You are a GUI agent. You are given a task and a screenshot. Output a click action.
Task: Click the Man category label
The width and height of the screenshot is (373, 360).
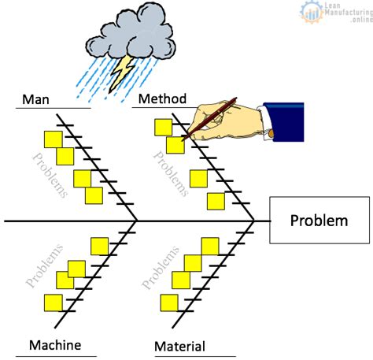click(35, 99)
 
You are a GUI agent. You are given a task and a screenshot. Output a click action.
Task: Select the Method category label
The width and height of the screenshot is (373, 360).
click(162, 98)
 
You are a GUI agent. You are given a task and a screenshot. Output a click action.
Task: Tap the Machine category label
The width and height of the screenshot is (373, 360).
click(55, 345)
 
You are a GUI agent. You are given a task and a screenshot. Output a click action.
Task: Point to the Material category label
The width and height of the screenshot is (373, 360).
click(180, 346)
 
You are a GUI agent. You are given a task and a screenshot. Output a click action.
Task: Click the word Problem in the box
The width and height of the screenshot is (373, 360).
click(319, 221)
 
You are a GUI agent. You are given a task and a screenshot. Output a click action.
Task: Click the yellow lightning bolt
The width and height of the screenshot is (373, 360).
click(122, 73)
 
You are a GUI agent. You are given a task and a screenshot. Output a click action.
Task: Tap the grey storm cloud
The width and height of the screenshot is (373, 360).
click(131, 33)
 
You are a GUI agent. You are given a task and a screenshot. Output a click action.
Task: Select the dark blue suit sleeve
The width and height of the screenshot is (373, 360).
click(284, 121)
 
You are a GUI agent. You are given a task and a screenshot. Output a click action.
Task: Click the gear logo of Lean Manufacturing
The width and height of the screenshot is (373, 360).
click(312, 12)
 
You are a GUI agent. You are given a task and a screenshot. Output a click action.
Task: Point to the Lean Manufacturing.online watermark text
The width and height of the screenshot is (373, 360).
click(349, 12)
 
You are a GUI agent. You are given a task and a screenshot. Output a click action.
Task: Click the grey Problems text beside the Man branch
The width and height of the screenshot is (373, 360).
click(50, 175)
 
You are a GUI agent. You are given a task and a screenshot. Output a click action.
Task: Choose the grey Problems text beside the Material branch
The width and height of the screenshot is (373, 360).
click(161, 267)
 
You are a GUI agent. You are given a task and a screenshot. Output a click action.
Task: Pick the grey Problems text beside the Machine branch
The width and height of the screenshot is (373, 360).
click(44, 265)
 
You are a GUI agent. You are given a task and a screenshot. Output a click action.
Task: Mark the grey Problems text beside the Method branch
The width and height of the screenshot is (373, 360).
click(171, 174)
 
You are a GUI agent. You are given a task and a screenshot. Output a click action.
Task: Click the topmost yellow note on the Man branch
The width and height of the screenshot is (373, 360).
click(54, 139)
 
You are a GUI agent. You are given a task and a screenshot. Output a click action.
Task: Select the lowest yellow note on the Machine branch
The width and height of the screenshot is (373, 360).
click(54, 303)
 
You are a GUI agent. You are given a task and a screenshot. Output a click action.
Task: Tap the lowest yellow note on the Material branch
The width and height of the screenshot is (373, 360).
click(169, 303)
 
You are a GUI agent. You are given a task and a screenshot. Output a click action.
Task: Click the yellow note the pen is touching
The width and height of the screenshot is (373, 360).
click(175, 145)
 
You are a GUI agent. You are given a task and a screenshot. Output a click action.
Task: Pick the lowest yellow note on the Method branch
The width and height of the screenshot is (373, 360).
click(216, 202)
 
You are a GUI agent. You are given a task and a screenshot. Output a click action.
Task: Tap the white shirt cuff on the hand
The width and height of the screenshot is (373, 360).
click(265, 121)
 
